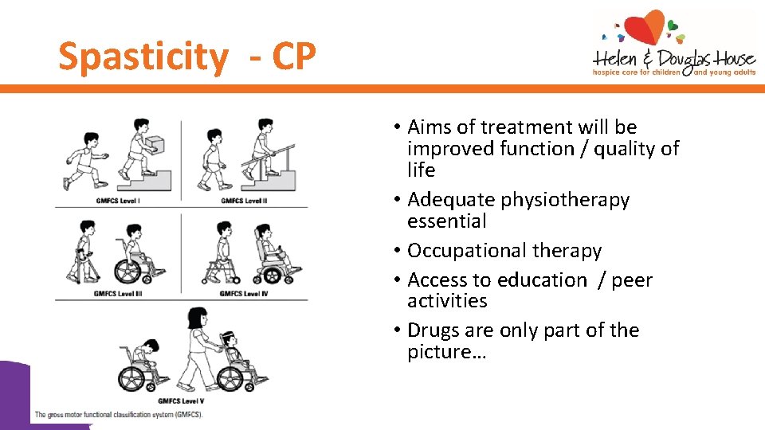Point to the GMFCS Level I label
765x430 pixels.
(117, 200)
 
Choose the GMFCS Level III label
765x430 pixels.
(119, 293)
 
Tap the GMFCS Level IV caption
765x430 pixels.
(244, 293)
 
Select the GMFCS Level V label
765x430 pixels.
(181, 401)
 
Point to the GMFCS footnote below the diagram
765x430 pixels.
(120, 415)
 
